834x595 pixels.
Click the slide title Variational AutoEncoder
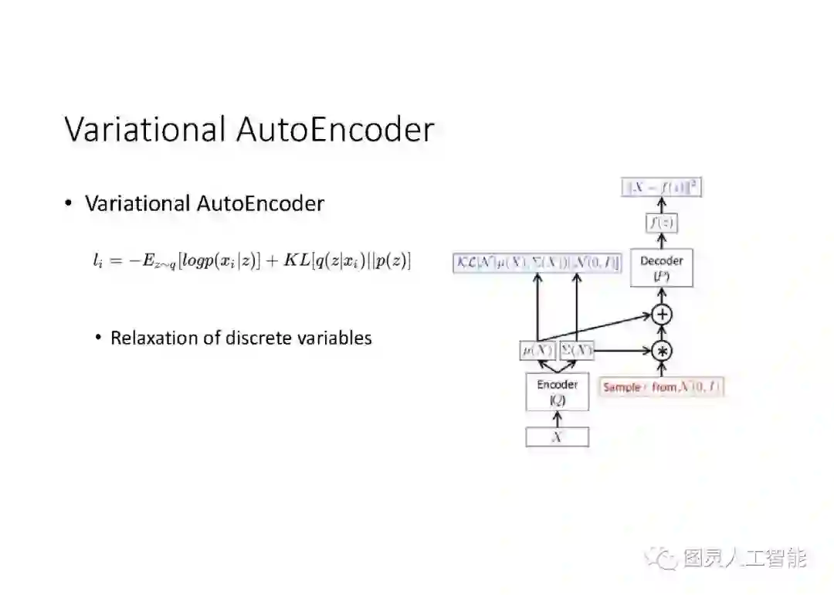pos(249,129)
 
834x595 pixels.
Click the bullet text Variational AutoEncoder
pos(205,204)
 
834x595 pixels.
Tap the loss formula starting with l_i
pos(252,261)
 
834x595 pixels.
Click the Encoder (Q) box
pos(557,392)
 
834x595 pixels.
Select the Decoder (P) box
pos(661,268)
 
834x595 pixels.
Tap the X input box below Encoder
pos(557,437)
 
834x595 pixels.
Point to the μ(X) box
pos(537,350)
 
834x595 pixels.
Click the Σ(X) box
pos(576,350)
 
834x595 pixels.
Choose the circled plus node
pos(662,314)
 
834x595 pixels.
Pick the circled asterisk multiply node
pos(662,351)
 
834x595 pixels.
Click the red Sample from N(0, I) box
pos(662,387)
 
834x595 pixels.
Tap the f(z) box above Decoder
pos(661,223)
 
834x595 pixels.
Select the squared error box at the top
pos(662,187)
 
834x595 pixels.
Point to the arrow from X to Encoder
pos(557,419)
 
